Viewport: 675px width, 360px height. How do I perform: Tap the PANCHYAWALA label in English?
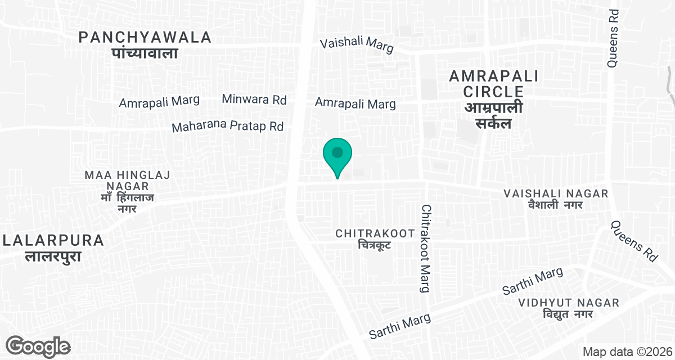point(145,38)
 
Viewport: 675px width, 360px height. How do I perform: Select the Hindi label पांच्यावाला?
point(145,53)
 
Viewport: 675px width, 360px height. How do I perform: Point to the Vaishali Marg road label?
point(357,45)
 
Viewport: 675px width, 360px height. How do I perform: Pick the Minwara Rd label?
point(254,100)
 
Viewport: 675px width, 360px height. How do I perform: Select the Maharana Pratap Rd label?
point(227,127)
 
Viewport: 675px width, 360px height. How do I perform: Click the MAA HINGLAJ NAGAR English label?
point(127,181)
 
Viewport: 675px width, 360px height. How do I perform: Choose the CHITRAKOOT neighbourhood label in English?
point(371,233)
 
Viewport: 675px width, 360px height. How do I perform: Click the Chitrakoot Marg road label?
point(426,248)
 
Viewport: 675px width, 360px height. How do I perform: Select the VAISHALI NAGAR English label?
point(556,193)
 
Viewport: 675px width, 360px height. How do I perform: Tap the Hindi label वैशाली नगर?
point(556,205)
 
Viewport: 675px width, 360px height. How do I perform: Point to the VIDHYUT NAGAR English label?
point(569,303)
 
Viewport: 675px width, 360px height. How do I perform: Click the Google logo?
point(38,346)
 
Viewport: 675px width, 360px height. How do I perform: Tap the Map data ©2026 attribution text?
point(625,352)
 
